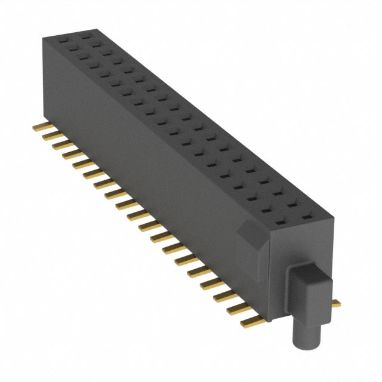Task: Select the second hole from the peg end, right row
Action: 294,204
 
